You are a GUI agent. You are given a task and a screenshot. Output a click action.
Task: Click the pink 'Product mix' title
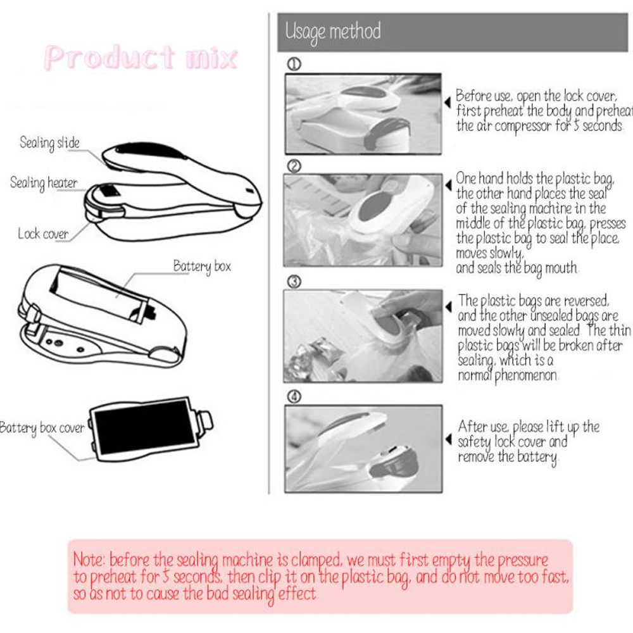tap(141, 58)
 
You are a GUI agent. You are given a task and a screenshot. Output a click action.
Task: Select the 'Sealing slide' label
tap(49, 143)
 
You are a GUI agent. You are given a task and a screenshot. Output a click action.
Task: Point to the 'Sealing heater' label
tap(44, 184)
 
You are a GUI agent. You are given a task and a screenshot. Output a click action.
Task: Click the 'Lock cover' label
tap(43, 234)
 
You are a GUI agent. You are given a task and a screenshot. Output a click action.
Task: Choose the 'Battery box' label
tap(202, 267)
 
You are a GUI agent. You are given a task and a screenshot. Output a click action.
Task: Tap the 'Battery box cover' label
tap(42, 428)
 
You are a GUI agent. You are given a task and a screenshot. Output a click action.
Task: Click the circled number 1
tap(294, 64)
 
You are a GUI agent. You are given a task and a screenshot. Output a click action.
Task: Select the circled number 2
tap(294, 166)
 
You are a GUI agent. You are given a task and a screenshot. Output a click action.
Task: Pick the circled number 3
tap(294, 282)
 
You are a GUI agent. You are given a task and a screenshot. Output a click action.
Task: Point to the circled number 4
tap(294, 397)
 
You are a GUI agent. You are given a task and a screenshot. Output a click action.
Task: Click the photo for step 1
tap(363, 114)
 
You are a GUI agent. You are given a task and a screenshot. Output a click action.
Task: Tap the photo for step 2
tap(363, 220)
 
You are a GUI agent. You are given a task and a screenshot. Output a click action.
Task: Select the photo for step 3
tap(363, 336)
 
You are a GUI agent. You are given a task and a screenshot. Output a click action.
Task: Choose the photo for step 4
tap(363, 449)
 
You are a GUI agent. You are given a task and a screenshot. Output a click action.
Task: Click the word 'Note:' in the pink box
tap(89, 560)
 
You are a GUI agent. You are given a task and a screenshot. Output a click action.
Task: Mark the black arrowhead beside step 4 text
tap(448, 439)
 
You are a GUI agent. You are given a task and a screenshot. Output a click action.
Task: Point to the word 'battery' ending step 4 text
tap(537, 458)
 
